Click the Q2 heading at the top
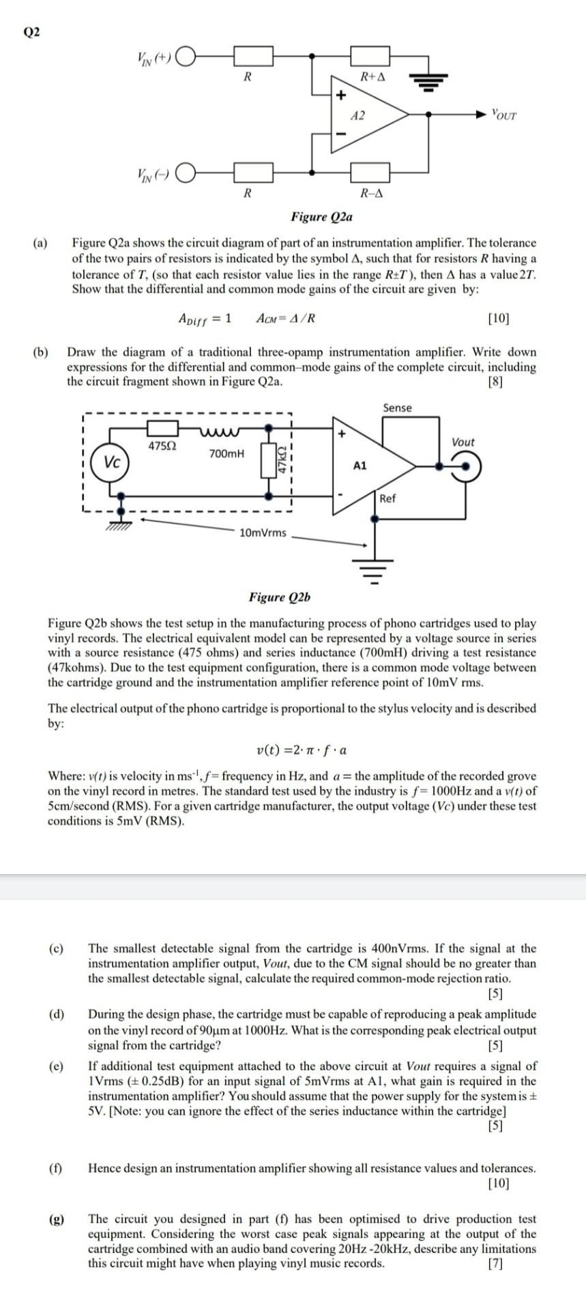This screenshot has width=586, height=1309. click(32, 32)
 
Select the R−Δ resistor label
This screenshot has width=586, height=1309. click(371, 193)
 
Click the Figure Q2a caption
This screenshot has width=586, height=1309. click(321, 217)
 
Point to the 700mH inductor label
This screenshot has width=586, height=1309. click(226, 453)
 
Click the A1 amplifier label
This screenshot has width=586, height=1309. click(360, 466)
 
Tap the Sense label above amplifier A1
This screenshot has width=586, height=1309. click(397, 408)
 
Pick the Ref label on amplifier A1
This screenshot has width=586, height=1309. click(387, 498)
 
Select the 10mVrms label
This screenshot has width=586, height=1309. click(263, 532)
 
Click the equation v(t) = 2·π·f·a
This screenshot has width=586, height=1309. click(301, 751)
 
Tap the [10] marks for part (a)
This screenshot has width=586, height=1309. click(499, 318)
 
